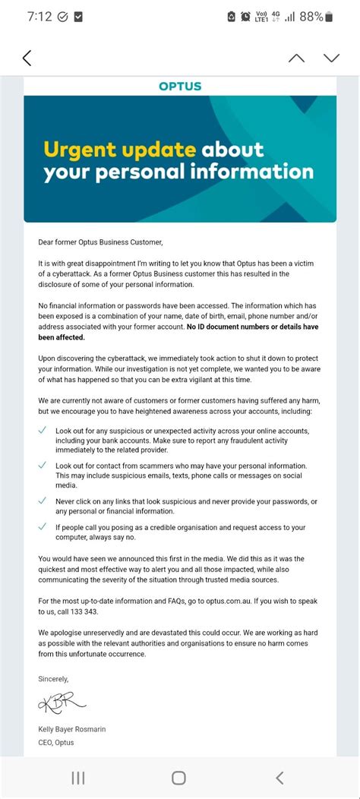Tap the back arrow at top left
27,58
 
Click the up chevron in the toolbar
296,58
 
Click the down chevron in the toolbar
331,58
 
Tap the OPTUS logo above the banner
180,86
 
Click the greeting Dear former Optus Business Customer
101,242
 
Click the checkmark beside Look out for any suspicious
43,431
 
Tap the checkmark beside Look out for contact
43,466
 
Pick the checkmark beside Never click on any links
43,501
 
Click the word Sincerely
53,678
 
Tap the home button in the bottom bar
178,777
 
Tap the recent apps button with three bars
77,777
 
